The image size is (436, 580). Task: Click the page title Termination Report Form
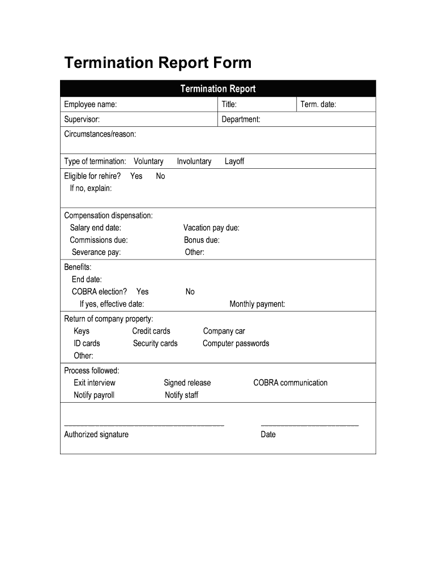(157, 63)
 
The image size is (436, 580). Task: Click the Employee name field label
(91, 104)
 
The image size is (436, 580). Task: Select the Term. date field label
(318, 104)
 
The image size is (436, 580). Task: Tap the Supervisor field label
(82, 119)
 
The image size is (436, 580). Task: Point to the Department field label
(241, 119)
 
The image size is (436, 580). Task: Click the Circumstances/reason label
(100, 134)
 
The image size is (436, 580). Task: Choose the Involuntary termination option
(194, 161)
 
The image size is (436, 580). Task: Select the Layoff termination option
(234, 161)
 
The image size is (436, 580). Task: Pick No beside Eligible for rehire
(160, 176)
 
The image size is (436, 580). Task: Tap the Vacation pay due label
(211, 228)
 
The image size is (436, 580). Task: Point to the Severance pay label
(96, 252)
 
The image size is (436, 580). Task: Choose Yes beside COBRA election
(142, 292)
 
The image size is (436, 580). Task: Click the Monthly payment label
(257, 304)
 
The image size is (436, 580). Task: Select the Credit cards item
(151, 331)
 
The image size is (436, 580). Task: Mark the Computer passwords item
(236, 343)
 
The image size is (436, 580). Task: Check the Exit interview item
(94, 383)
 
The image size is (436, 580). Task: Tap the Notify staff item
(181, 395)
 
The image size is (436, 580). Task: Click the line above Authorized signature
(144, 425)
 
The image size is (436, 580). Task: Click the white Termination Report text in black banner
(217, 89)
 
